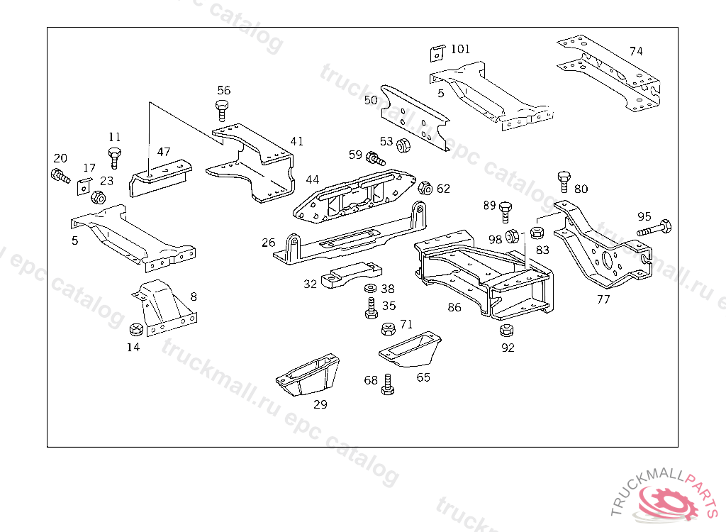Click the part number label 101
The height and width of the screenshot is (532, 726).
point(460,49)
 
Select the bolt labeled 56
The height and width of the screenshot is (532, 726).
point(223,110)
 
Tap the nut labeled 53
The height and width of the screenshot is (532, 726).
point(403,145)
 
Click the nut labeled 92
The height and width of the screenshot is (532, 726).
point(506,331)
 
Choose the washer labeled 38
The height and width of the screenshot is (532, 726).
point(370,289)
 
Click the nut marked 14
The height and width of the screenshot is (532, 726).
point(136,330)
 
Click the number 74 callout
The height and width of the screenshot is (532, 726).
point(636,51)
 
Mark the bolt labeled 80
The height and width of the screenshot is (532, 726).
point(564,180)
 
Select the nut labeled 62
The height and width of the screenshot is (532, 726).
point(425,189)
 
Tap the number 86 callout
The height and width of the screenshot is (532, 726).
point(454,308)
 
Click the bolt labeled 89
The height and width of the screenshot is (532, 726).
point(506,212)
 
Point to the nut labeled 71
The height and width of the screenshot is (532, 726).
point(388,328)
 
